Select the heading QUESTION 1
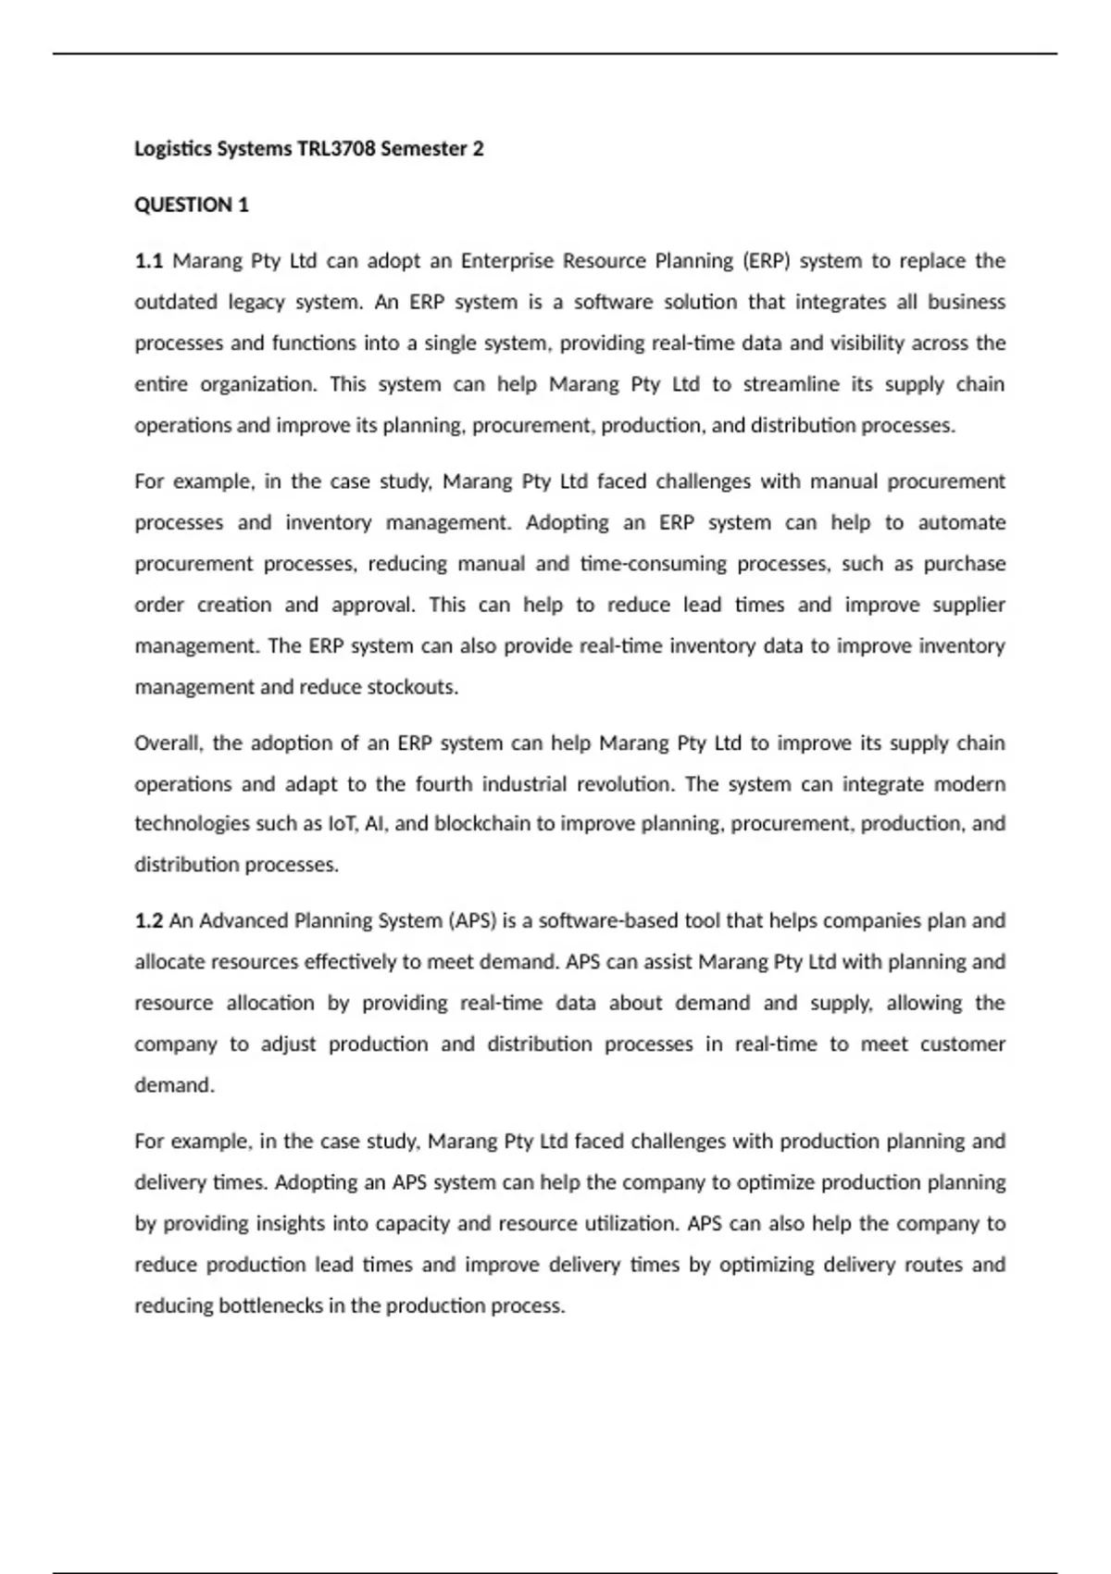192,205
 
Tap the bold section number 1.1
148,261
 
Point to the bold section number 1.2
148,920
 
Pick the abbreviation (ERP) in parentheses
764,261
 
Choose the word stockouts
412,687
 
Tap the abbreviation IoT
342,824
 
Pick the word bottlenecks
270,1305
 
